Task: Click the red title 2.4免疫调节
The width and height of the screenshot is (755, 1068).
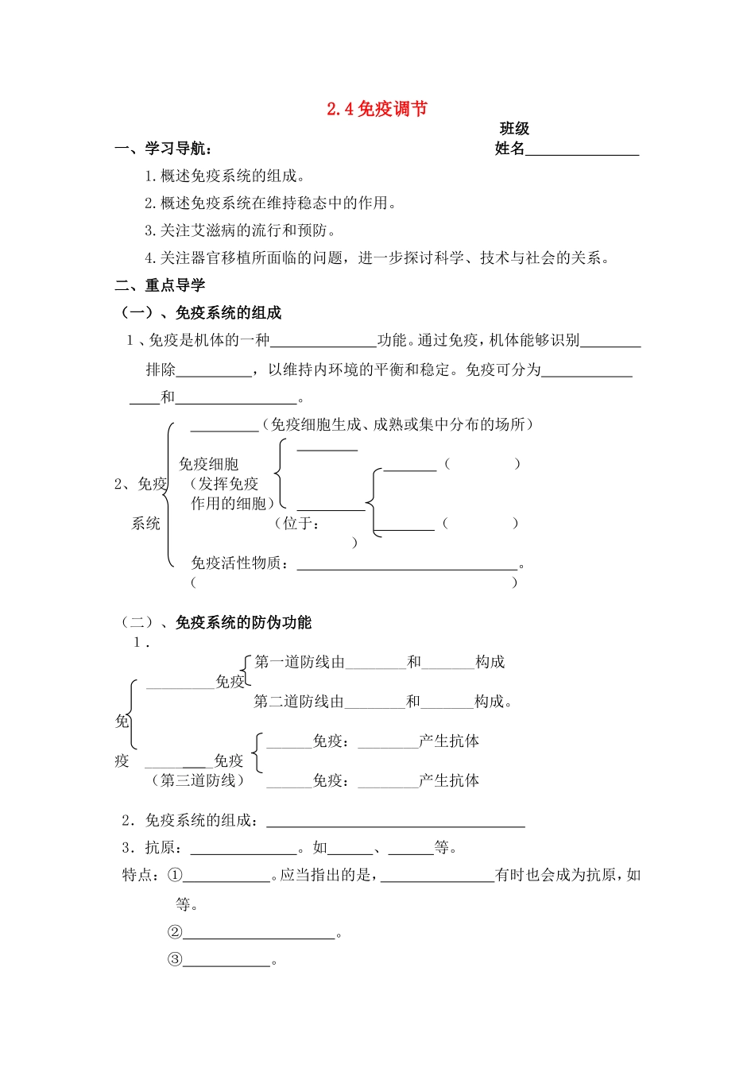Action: [377, 109]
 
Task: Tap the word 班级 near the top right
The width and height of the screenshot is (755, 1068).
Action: [514, 129]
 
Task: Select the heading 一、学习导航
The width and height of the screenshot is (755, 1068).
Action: [163, 149]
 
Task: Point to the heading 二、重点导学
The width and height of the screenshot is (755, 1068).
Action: [160, 285]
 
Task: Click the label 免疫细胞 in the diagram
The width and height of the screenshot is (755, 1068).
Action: [208, 464]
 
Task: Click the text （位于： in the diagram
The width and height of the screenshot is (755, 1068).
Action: [297, 523]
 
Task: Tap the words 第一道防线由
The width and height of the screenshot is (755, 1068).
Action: [300, 662]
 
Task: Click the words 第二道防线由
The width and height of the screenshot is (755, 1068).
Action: [299, 701]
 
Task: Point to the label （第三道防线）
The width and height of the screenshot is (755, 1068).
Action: [197, 780]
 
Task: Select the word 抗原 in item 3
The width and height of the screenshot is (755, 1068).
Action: [160, 847]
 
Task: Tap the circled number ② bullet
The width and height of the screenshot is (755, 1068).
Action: [175, 932]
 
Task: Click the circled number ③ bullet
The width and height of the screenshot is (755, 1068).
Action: [175, 959]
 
